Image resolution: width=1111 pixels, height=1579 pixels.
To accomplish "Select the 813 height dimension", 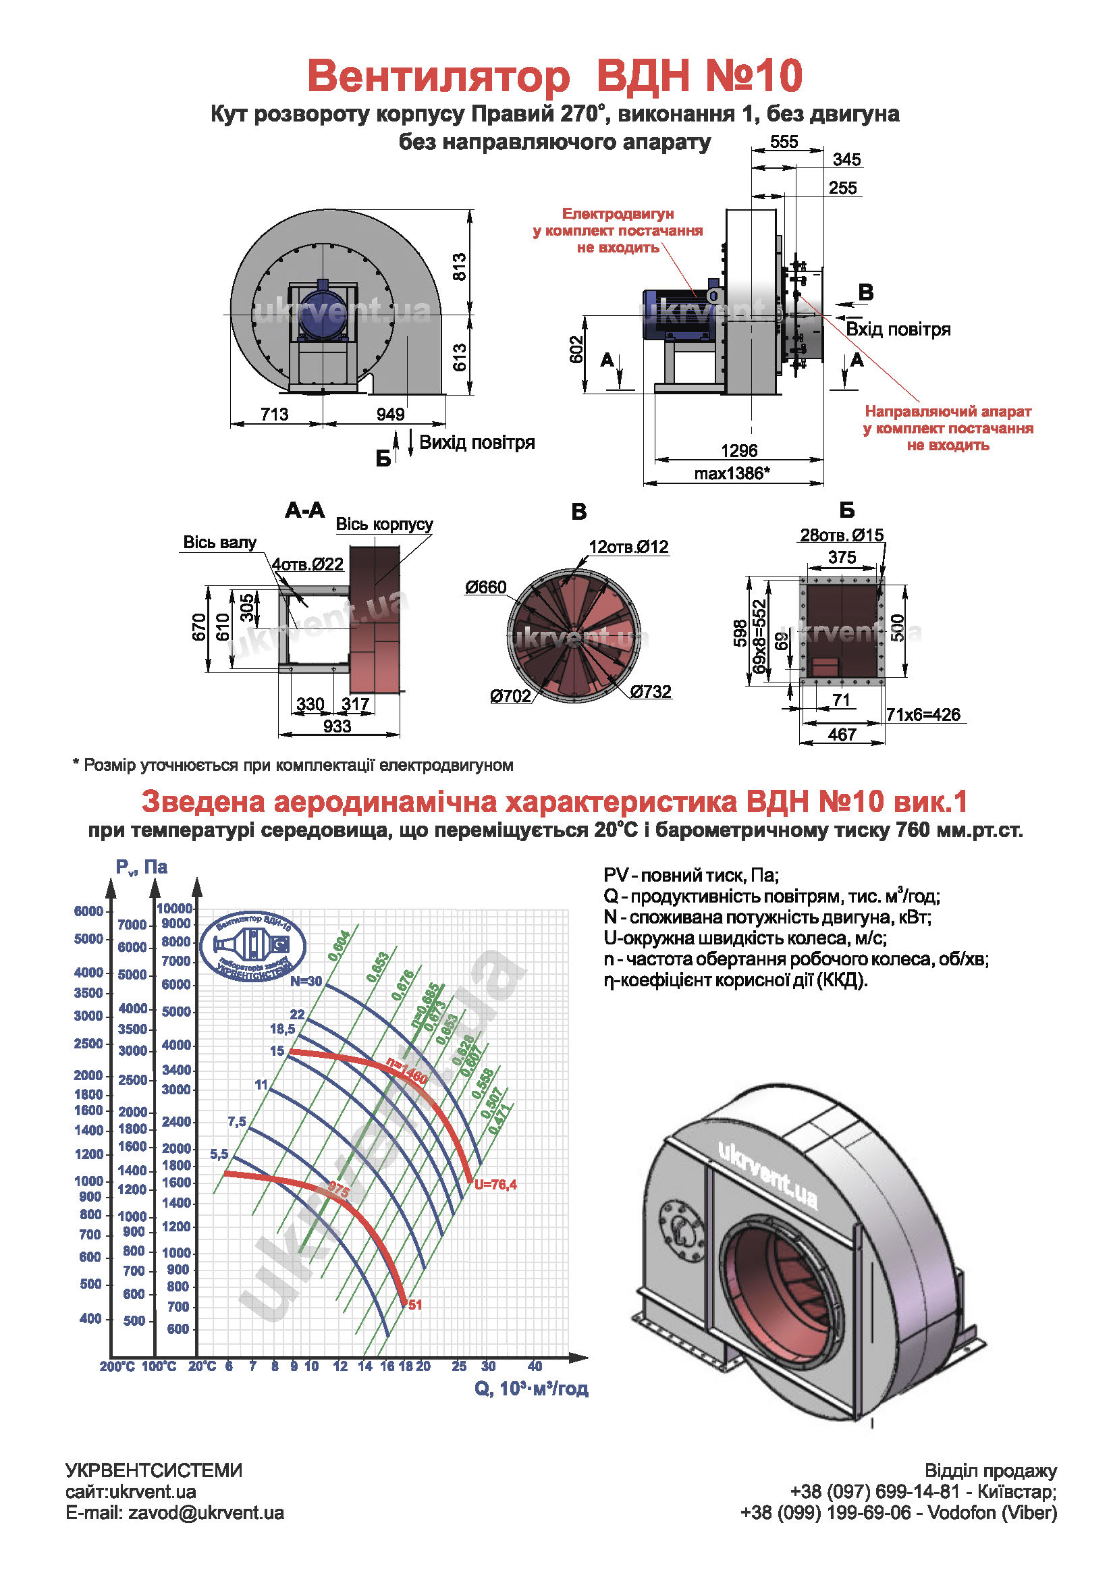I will [x=459, y=267].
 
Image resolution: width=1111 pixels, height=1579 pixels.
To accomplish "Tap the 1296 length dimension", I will [x=738, y=450].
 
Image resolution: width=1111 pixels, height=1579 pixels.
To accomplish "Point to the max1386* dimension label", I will [x=732, y=473].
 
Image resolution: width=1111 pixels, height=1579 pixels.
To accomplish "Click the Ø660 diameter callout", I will [x=485, y=587].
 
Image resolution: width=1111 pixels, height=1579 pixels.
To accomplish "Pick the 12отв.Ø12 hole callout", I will [x=628, y=547].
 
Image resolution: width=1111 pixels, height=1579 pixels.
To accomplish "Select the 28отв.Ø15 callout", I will [x=841, y=535].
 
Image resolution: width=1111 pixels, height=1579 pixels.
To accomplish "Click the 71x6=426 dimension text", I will [x=923, y=714].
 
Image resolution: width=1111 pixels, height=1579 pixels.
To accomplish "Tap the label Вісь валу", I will [x=219, y=542].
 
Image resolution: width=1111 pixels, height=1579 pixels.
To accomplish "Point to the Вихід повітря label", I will [x=477, y=442].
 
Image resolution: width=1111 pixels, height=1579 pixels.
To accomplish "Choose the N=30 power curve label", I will [x=305, y=982].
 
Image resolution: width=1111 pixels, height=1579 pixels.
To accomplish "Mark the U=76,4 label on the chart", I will [x=495, y=1184].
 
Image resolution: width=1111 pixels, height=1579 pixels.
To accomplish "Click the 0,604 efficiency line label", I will [x=339, y=945].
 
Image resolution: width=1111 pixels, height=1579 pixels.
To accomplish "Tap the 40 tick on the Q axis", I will [x=535, y=1366].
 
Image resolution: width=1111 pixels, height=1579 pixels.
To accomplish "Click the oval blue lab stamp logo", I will [x=252, y=947].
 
